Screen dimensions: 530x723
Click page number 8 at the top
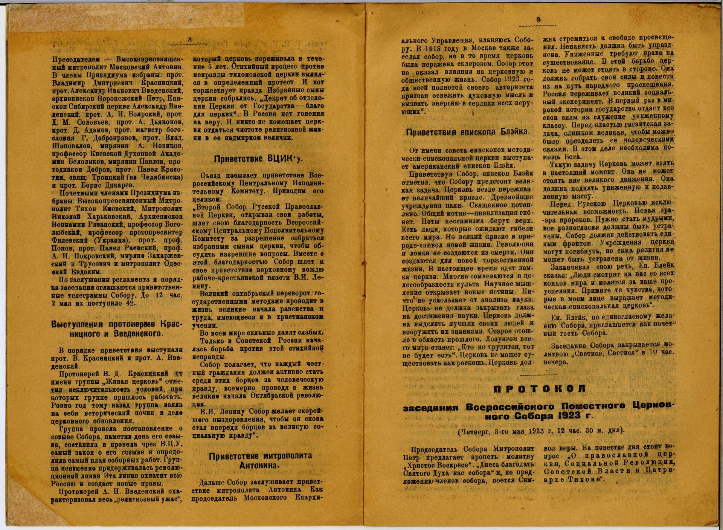[190, 39]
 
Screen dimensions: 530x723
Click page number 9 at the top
[538, 21]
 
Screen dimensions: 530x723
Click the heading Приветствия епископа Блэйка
[468, 132]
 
